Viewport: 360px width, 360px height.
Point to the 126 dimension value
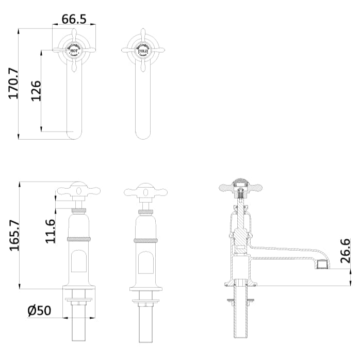click(36, 90)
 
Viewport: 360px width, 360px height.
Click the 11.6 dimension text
click(50, 231)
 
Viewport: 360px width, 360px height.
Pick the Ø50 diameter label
click(39, 310)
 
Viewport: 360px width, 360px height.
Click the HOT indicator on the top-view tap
click(74, 51)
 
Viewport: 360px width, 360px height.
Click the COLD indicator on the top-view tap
click(142, 51)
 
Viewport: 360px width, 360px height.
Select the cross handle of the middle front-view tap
click(146, 191)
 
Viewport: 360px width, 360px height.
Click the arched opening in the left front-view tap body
click(78, 262)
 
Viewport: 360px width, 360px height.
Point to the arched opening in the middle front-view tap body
click(146, 262)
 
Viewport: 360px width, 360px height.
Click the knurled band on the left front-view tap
click(78, 239)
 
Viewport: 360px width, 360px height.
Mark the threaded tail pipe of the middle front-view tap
click(146, 325)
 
